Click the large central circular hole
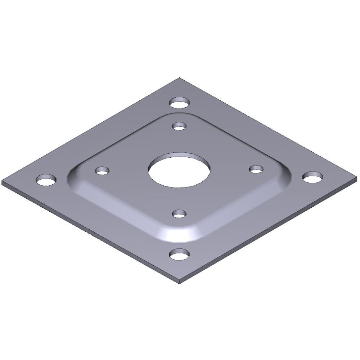179,170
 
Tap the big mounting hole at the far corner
179,103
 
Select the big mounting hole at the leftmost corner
46,180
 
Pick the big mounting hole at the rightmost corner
312,177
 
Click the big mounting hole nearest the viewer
179,255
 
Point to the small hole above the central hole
179,126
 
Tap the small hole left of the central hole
102,170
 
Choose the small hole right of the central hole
256,168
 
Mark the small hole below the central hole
179,214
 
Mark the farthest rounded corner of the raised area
179,114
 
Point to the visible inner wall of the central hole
179,155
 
